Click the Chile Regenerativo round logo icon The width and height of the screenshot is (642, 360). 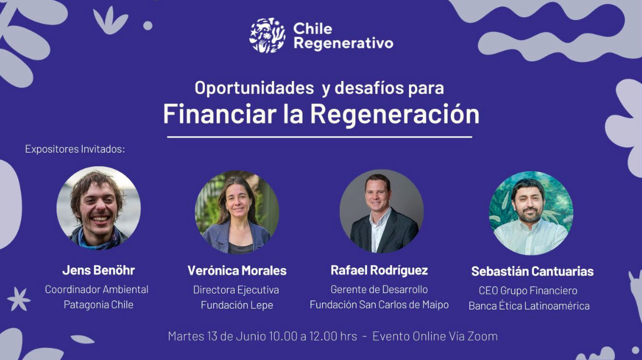pos(268,35)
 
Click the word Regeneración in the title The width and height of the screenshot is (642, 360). pos(395,114)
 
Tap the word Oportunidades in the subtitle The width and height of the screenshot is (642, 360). pos(254,88)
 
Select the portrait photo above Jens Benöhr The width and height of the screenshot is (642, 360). pos(99,208)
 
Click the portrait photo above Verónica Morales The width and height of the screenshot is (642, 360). pos(237,212)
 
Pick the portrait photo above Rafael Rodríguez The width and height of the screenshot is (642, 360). pos(382,211)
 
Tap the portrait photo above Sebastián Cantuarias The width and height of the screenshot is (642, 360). pos(531,213)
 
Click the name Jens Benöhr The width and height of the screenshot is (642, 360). pos(99,270)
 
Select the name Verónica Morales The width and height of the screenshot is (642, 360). pos(237,271)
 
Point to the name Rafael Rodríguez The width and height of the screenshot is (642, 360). pos(379,270)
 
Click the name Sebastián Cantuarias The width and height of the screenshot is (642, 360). pos(532,271)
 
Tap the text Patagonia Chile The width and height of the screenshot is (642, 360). pos(99,305)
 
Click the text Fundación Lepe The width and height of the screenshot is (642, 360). pos(237,305)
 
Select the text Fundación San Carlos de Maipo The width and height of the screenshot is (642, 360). pos(379,305)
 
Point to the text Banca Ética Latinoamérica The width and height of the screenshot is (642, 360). pos(529,306)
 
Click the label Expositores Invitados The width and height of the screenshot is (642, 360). pos(75,149)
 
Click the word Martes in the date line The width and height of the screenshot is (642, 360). pos(186,336)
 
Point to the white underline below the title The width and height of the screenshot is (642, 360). pos(319,137)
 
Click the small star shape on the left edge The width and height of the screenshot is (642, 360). pos(19,299)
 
